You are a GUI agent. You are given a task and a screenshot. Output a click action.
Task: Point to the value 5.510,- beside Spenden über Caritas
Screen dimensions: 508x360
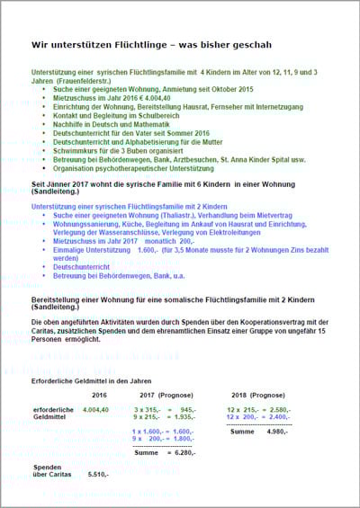click(x=100, y=473)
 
